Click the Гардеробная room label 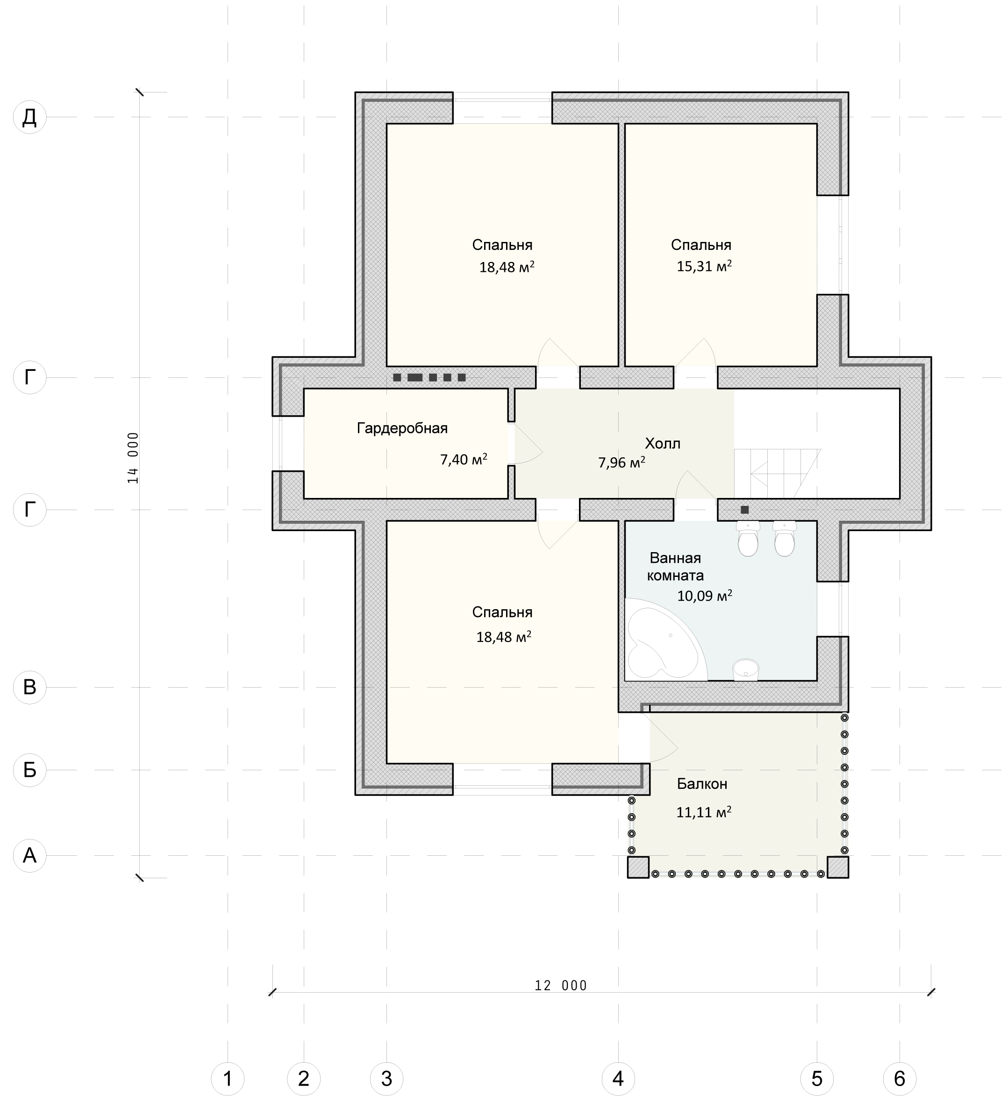tap(402, 428)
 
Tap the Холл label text tap(662, 443)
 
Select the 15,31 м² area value tap(704, 266)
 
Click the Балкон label tap(702, 784)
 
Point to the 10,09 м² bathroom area tap(705, 595)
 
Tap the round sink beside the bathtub tap(746, 669)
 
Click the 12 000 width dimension tap(561, 986)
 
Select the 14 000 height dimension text tap(133, 458)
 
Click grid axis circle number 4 tap(618, 1079)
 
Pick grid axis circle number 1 tap(228, 1079)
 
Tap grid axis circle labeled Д tap(29, 117)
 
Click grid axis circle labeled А tap(29, 855)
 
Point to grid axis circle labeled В tap(29, 687)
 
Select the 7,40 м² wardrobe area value tap(464, 459)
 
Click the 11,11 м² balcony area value tap(704, 812)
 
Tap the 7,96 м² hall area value tap(622, 463)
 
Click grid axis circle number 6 tap(900, 1079)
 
